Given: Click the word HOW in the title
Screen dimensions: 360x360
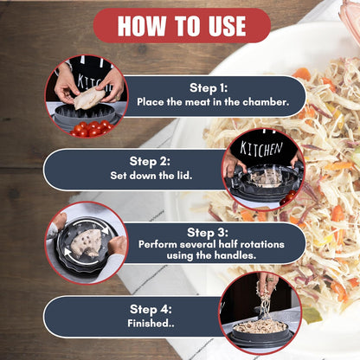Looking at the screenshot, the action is [x=142, y=26].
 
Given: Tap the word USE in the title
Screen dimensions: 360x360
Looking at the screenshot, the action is [x=228, y=26].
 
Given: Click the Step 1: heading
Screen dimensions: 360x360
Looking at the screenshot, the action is [x=209, y=87].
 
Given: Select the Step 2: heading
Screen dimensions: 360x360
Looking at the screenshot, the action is [x=150, y=161].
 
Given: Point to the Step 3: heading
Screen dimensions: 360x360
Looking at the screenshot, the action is [x=208, y=232].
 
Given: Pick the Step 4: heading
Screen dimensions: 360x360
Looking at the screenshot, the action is [x=151, y=309].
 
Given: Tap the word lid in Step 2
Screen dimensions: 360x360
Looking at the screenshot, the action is [x=184, y=176].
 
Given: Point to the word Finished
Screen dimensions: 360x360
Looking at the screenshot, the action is [x=151, y=323].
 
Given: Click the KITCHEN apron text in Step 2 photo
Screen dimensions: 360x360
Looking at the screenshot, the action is [x=261, y=149].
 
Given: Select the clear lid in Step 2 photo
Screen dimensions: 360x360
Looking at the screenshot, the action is [x=268, y=176].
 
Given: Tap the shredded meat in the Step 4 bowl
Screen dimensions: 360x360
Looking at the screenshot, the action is [x=260, y=326].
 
